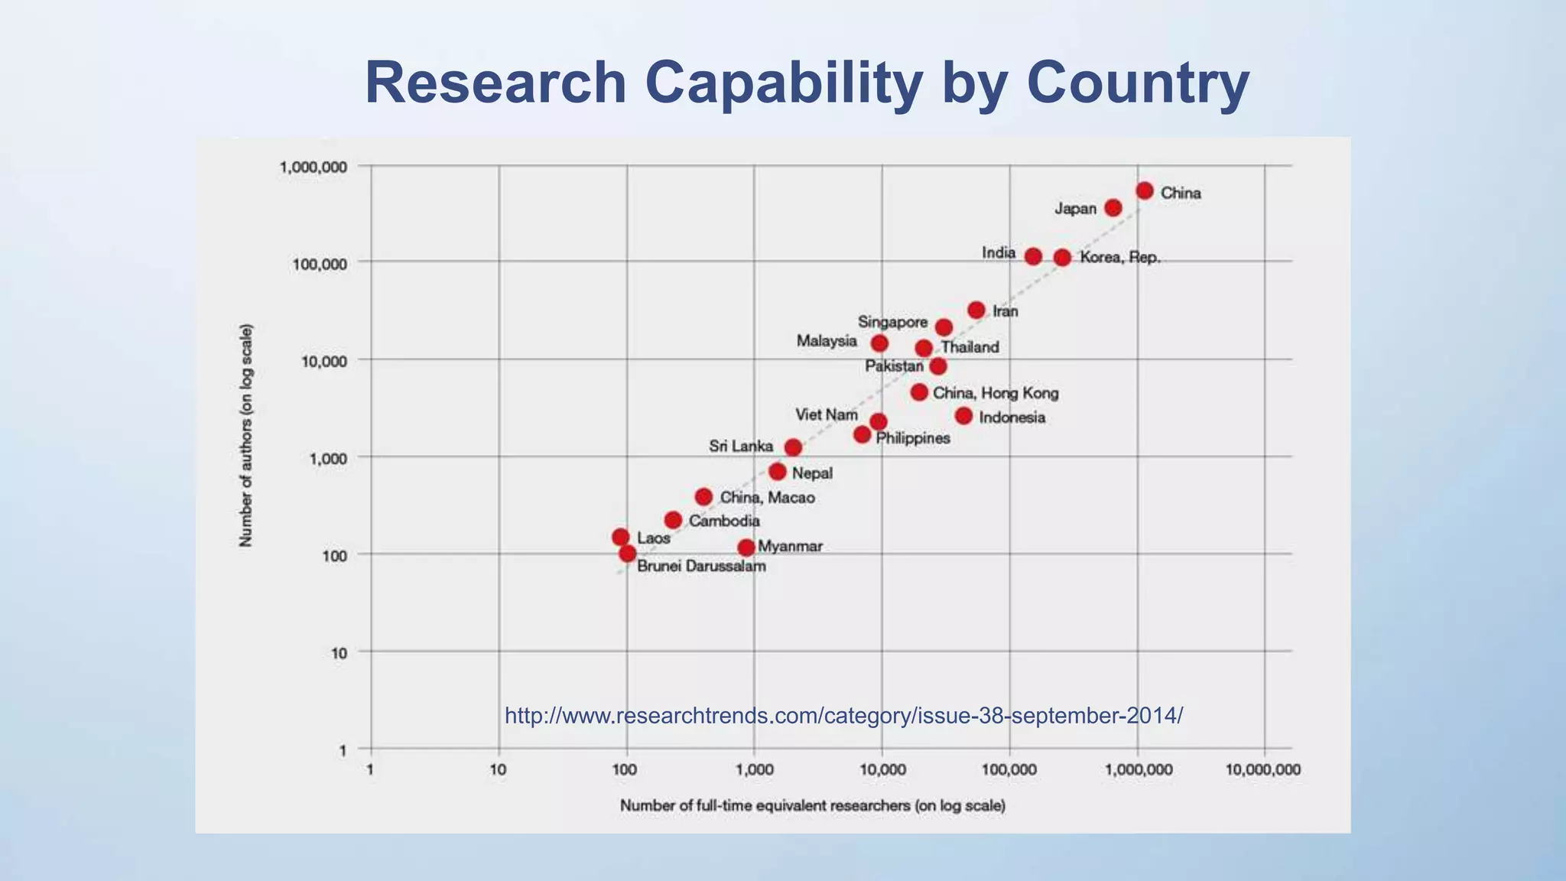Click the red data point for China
pyautogui.click(x=1144, y=190)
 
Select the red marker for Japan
pyautogui.click(x=1113, y=208)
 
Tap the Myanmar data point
pyautogui.click(x=746, y=548)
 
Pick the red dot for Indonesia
pyautogui.click(x=963, y=416)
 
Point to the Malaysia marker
pyautogui.click(x=879, y=343)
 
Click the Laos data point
pyautogui.click(x=621, y=537)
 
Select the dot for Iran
pyautogui.click(x=976, y=310)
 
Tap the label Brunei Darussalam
pyautogui.click(x=700, y=567)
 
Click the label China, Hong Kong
pyautogui.click(x=996, y=393)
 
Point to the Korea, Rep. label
pyautogui.click(x=1119, y=258)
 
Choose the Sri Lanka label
pyautogui.click(x=740, y=446)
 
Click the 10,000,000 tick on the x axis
pyautogui.click(x=1262, y=770)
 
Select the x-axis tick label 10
pyautogui.click(x=498, y=770)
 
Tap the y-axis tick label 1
pyautogui.click(x=343, y=751)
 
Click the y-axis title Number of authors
pyautogui.click(x=245, y=435)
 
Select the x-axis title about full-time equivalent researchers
pyautogui.click(x=812, y=806)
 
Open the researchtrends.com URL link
pyautogui.click(x=843, y=716)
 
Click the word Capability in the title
pyautogui.click(x=784, y=83)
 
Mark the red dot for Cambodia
pyautogui.click(x=673, y=520)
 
